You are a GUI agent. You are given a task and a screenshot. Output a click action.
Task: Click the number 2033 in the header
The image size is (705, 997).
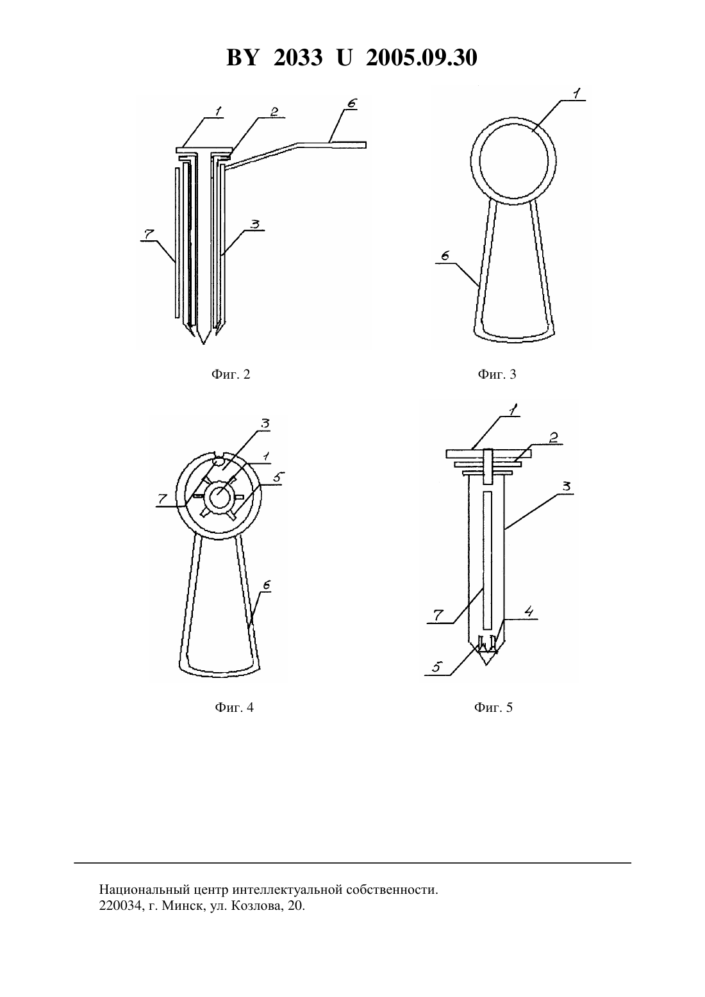(298, 58)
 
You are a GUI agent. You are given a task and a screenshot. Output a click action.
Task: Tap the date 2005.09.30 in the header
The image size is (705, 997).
(422, 58)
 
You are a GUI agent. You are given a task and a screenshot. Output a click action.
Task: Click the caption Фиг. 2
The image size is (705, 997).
(231, 374)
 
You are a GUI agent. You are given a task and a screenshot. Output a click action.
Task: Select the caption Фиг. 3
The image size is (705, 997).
(497, 374)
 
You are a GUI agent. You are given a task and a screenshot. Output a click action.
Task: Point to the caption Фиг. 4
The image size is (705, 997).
(234, 707)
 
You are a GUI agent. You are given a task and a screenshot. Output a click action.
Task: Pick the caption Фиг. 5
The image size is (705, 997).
(493, 707)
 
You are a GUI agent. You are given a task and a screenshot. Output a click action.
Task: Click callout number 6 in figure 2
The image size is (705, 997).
(351, 103)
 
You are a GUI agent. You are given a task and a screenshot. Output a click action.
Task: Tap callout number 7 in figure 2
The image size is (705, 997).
(149, 234)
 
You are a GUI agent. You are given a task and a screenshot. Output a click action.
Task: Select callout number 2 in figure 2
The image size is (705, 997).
(274, 111)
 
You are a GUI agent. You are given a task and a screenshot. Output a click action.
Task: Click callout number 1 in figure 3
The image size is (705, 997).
(576, 94)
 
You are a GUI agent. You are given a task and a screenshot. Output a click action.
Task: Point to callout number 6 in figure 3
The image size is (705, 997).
(445, 256)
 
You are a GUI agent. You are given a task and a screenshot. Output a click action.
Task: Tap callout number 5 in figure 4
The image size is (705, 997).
(278, 477)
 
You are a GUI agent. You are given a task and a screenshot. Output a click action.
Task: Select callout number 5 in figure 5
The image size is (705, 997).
(436, 667)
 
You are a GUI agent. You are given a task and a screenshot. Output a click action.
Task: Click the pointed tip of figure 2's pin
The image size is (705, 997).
(203, 343)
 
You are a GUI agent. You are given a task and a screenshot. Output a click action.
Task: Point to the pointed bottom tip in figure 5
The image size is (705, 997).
(486, 665)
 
